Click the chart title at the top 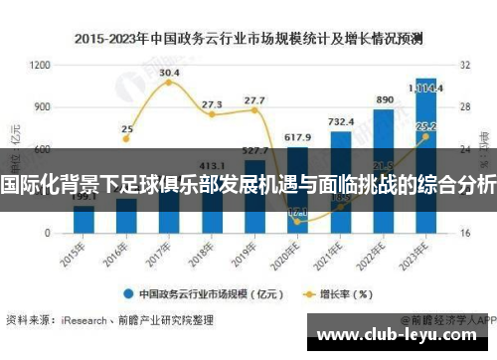click(248, 40)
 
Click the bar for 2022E click(383, 170)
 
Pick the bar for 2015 click(84, 219)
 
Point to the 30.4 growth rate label click(169, 73)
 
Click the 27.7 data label click(254, 100)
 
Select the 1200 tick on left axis click(41, 64)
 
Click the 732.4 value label click(341, 122)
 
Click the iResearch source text click(82, 320)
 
